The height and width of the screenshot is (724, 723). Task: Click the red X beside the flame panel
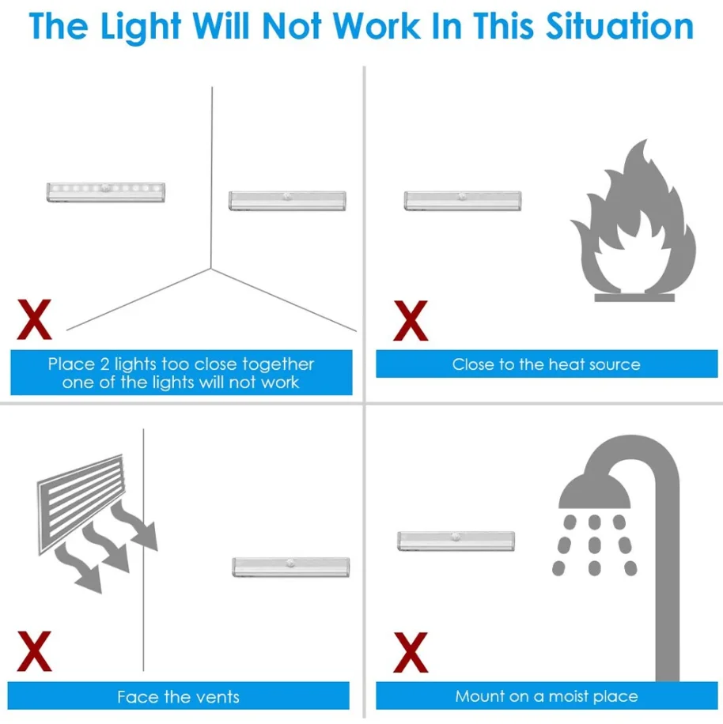(x=411, y=320)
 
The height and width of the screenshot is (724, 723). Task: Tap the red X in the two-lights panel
(x=34, y=320)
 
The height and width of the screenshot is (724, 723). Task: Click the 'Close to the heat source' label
(x=546, y=364)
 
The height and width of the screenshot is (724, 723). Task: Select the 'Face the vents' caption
(x=178, y=696)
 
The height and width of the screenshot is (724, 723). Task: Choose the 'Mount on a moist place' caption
(x=546, y=696)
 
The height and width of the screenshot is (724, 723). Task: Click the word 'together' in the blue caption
(x=278, y=364)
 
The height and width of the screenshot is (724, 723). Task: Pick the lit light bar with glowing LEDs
(x=106, y=191)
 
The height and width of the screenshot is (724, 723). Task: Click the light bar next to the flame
(x=463, y=201)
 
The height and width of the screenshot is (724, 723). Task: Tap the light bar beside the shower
(x=456, y=541)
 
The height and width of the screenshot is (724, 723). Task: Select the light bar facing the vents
(x=290, y=567)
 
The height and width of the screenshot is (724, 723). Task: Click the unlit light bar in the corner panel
(x=288, y=201)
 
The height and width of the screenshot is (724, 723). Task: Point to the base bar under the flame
(x=634, y=297)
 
